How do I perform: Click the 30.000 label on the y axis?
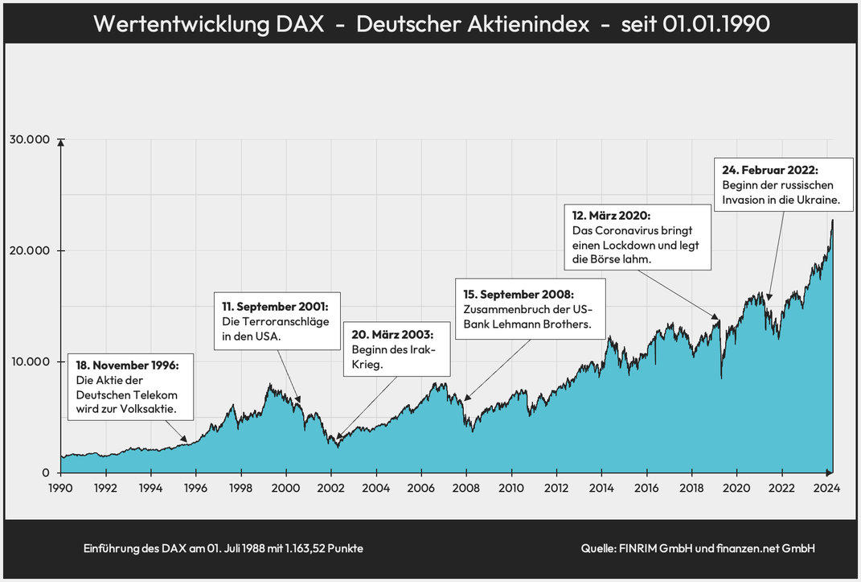[30, 139]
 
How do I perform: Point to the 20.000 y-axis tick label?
[30, 250]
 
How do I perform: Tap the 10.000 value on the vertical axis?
[30, 361]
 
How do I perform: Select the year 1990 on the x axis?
[60, 488]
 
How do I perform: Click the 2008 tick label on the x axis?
[466, 488]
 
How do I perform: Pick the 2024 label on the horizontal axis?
[827, 488]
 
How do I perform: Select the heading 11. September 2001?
[275, 307]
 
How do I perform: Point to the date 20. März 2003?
[392, 334]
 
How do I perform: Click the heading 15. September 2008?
[519, 294]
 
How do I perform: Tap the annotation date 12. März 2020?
[611, 217]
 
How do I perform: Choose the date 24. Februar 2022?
[769, 170]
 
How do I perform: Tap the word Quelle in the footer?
[598, 548]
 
